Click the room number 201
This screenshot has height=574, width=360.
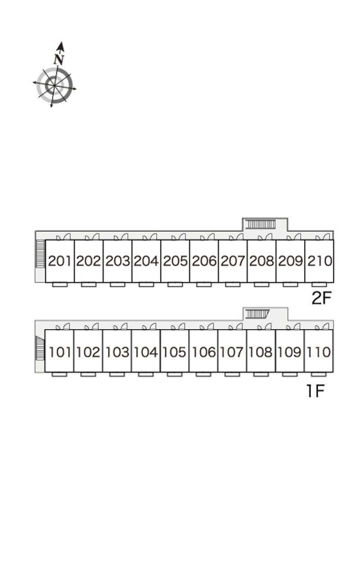click(60, 261)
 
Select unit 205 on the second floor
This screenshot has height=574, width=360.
click(175, 261)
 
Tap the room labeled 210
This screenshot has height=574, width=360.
click(319, 261)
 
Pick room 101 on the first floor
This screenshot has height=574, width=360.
click(59, 352)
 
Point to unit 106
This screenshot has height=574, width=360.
click(203, 352)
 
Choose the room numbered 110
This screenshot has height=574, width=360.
click(319, 352)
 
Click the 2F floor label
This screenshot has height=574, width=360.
click(321, 298)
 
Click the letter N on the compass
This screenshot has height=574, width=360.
click(58, 59)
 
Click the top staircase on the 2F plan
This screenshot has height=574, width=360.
click(261, 224)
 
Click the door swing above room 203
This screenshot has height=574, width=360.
click(120, 237)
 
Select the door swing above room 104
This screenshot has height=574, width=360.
click(148, 327)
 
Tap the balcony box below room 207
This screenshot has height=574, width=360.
click(233, 285)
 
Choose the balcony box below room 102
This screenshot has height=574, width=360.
click(88, 375)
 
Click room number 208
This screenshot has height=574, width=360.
click(261, 261)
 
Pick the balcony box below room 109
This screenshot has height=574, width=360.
click(290, 375)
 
